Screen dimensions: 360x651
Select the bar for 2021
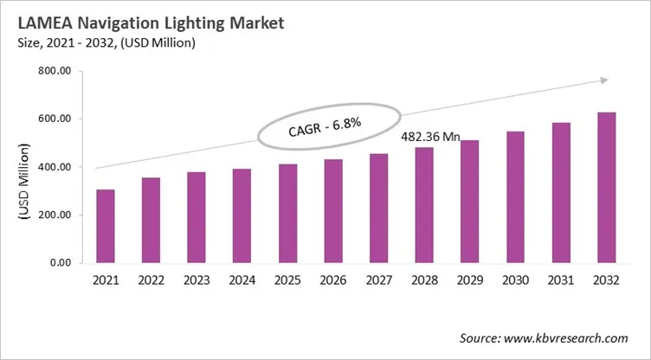(106, 226)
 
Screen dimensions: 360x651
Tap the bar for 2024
(241, 215)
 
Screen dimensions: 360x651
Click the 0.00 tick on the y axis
(59, 263)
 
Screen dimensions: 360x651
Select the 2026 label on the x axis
(332, 280)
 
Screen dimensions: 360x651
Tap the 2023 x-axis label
(197, 280)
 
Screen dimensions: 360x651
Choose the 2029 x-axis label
(468, 280)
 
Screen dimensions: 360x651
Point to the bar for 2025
(287, 213)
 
